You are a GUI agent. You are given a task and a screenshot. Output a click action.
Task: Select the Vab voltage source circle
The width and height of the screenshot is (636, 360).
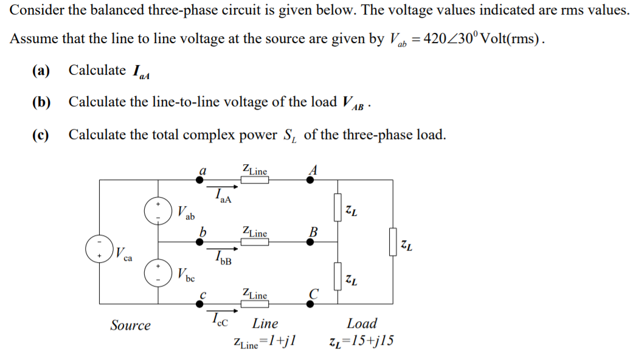157,210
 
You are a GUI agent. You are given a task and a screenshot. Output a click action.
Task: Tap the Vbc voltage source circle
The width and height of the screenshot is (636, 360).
157,272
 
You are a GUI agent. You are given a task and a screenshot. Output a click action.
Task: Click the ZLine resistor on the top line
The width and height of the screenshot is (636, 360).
254,180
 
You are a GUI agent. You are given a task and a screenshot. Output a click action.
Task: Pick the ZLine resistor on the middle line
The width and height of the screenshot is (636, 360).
254,241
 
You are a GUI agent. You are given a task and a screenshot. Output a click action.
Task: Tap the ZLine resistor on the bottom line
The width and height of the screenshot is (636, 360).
254,303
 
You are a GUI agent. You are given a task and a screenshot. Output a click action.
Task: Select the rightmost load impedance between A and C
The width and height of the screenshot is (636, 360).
393,241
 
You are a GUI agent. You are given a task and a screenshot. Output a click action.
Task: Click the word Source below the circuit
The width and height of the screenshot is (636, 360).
130,325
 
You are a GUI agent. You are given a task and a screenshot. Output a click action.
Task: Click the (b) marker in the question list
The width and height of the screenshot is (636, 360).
41,102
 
